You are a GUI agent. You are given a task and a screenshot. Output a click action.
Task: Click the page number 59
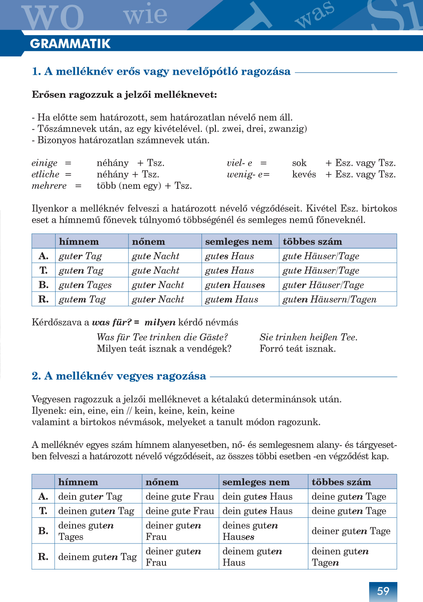pos(383,591)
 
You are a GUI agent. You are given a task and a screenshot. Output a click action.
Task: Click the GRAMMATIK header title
pos(70,44)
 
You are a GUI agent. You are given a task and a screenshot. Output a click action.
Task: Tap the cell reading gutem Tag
pos(83,299)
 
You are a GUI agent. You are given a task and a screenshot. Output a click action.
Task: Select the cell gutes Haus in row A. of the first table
pos(229,256)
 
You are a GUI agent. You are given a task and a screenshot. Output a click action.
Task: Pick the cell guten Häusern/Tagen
pos(329,299)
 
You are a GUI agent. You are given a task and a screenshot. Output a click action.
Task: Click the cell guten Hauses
pos(235,285)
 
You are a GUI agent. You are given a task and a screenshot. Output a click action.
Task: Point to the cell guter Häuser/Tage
pos(323,285)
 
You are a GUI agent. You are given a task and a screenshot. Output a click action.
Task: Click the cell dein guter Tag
pos(90,497)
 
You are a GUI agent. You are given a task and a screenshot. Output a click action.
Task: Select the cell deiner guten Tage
pos(351,531)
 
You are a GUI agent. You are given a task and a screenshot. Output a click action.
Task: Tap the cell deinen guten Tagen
pos(340,557)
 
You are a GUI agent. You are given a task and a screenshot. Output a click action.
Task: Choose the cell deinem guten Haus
pos(252,557)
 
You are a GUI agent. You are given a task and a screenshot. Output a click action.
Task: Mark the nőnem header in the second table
pos(162,482)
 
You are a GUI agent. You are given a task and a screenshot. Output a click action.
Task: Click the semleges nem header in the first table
pos(238,242)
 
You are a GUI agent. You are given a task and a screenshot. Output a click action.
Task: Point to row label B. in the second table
pos(43,531)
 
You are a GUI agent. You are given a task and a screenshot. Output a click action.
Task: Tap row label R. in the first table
pos(43,299)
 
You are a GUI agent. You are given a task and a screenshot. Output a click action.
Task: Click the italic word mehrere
pos(49,186)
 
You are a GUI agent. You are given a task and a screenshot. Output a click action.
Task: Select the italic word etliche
pos(45,174)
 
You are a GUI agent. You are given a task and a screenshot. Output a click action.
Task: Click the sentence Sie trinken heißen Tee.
pos(308,337)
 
